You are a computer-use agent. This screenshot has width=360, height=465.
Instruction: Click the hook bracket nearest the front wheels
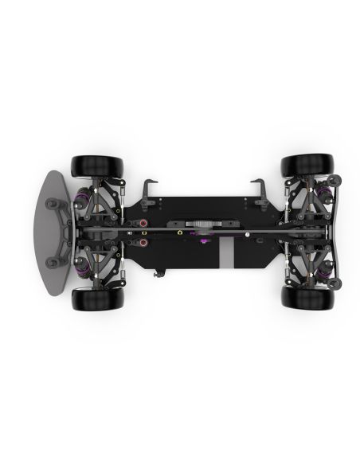click(151, 190)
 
